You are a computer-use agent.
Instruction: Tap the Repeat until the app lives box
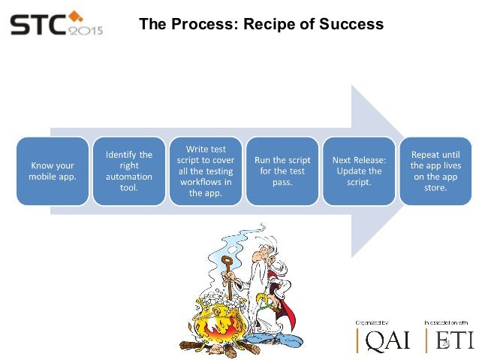click(x=435, y=170)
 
